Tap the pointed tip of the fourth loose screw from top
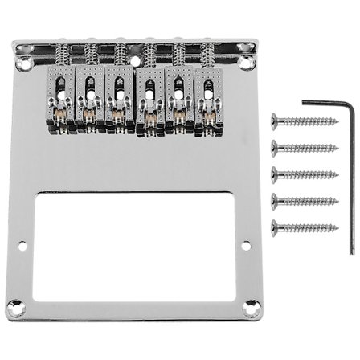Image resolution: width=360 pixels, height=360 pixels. coord(335,199)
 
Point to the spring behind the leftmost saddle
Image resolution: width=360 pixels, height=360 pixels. coord(61,55)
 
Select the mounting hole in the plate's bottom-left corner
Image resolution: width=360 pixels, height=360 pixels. coord(14,306)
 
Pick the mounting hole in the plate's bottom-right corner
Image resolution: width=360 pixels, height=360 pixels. coord(252,306)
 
